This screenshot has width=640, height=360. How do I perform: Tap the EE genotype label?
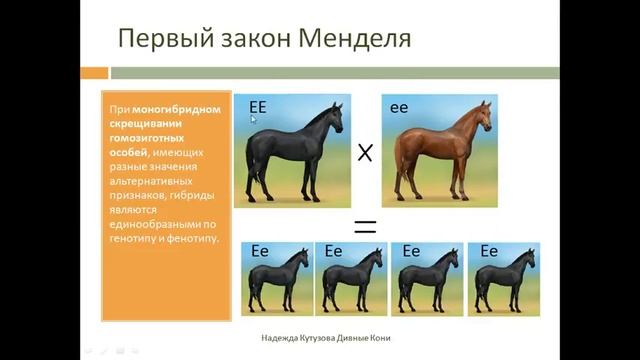coord(257,105)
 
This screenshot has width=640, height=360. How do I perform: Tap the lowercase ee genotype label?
coord(399,105)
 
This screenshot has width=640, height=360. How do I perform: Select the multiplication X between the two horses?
coord(365,152)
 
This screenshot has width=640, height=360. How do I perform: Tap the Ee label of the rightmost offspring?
coord(488,252)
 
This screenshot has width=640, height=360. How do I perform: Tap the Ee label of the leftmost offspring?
coord(260,252)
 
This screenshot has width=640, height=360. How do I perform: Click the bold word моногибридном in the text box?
coord(178,107)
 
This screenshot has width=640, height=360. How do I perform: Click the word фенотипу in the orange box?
coord(187,239)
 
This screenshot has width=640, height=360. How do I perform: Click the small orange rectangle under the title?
coord(94,73)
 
